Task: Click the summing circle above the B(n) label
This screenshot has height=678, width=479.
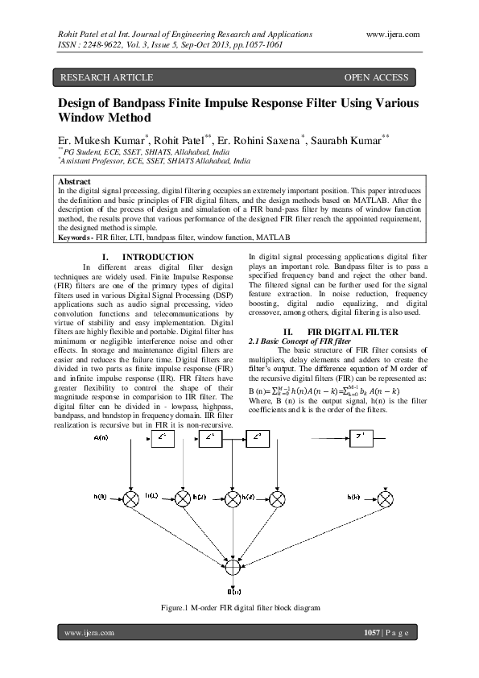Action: pyautogui.click(x=233, y=568)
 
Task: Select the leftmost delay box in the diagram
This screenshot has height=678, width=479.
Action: pyautogui.click(x=163, y=438)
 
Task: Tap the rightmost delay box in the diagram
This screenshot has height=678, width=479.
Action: pyautogui.click(x=361, y=438)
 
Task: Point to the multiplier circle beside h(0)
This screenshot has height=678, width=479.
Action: pyautogui.click(x=131, y=499)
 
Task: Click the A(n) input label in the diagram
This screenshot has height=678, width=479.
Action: pyautogui.click(x=103, y=437)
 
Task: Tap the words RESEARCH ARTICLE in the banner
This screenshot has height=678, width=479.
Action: pyautogui.click(x=103, y=77)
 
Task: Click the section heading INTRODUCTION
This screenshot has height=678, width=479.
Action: pyautogui.click(x=157, y=258)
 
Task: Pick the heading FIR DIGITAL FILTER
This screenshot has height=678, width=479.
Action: pyautogui.click(x=336, y=332)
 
